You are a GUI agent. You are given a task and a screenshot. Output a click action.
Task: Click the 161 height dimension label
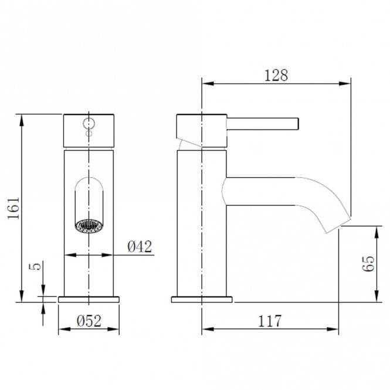13,208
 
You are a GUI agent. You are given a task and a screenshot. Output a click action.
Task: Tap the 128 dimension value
276,75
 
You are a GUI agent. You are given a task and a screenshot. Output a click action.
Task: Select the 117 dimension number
270,321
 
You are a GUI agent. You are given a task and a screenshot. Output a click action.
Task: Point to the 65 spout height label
368,263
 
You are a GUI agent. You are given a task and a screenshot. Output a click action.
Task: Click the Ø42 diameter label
140,246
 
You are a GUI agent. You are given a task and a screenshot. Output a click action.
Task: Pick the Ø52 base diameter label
89,321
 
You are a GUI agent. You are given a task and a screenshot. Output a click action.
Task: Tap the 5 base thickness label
35,266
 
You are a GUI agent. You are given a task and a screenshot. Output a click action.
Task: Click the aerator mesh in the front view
89,226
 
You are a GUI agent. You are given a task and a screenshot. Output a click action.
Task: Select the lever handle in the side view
262,124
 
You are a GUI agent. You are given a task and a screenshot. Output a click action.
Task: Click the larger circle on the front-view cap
89,123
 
